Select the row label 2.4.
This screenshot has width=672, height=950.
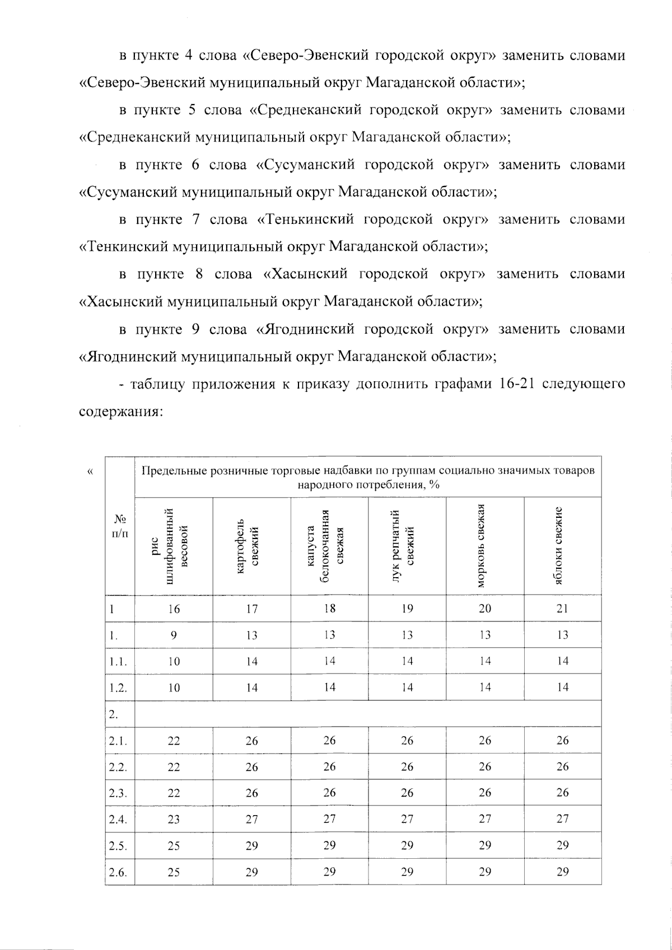pos(118,819)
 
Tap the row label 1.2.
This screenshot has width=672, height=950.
pos(118,687)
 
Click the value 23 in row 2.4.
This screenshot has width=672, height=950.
pos(174,819)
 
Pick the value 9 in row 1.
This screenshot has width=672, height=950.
pos(174,635)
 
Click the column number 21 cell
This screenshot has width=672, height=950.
pos(563,609)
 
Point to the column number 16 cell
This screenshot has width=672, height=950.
pos(174,609)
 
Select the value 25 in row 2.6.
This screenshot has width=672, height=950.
pos(174,872)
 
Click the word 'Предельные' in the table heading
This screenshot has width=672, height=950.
pos(174,471)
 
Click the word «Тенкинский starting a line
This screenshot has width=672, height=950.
pos(119,247)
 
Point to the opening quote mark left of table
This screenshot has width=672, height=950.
pos(91,471)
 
